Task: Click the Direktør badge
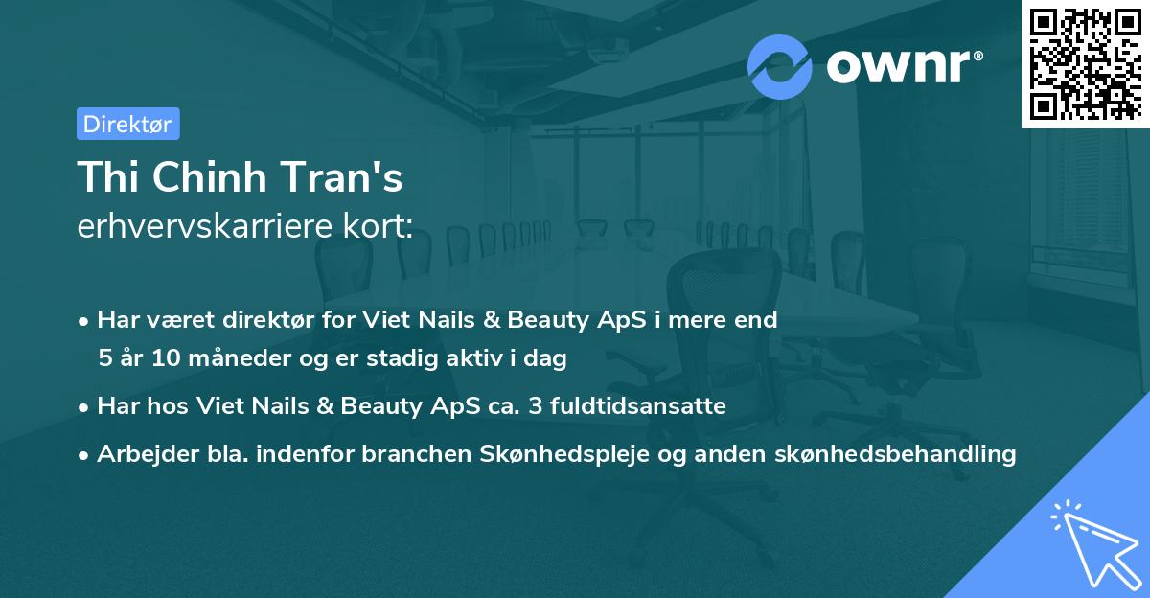(x=127, y=124)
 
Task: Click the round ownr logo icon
(x=780, y=65)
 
